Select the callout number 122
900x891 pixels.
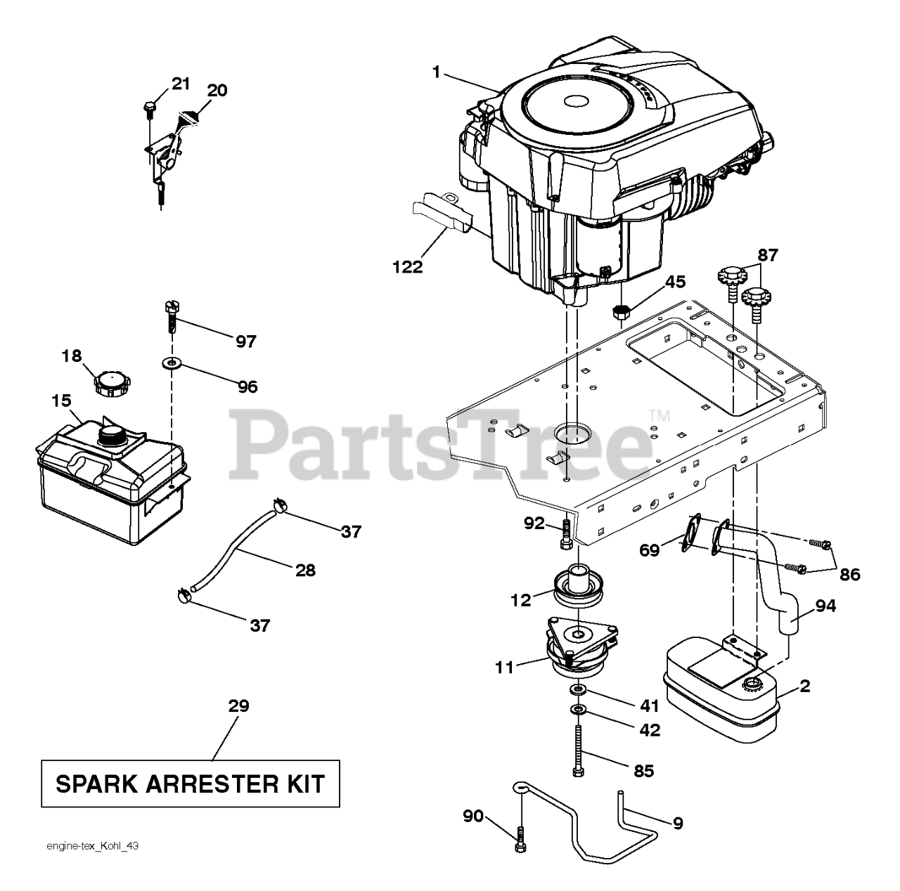click(x=408, y=267)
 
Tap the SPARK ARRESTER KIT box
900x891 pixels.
click(x=190, y=783)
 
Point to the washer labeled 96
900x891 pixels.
click(x=170, y=364)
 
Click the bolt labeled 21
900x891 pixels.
click(x=149, y=107)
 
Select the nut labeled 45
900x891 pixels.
click(x=620, y=311)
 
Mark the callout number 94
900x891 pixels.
click(x=825, y=605)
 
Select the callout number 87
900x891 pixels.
click(x=768, y=255)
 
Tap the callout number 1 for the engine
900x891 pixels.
click(x=437, y=72)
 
